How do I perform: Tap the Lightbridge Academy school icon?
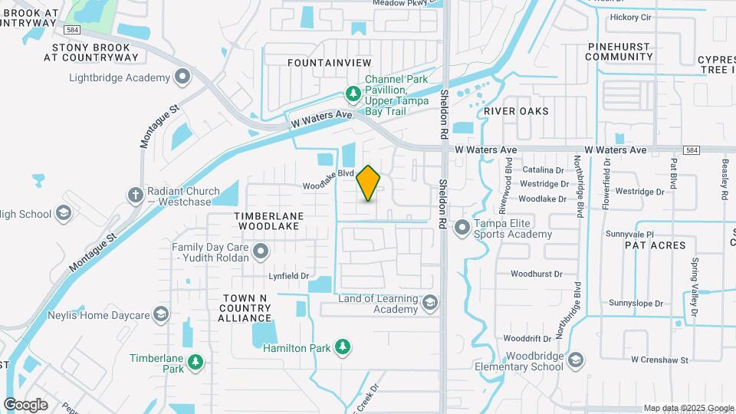tap(182, 77)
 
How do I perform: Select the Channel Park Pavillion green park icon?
tap(353, 94)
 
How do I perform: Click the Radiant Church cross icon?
tap(135, 195)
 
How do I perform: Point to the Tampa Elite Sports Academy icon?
tap(462, 227)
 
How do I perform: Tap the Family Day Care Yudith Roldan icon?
tap(261, 251)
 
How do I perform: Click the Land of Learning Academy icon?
tap(429, 304)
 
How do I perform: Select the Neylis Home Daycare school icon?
tap(160, 314)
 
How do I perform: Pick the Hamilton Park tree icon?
tap(343, 348)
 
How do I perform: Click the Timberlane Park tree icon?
tap(195, 362)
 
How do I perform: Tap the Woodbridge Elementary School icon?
tap(576, 360)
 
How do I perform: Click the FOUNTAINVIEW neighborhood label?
tap(329, 62)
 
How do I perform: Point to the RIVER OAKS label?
tap(517, 111)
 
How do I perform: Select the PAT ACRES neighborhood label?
tap(655, 245)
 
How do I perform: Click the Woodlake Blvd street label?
tap(327, 184)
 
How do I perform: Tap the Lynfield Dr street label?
tap(289, 276)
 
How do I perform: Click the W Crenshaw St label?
tap(660, 359)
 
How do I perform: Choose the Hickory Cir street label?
tap(630, 18)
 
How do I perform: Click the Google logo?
tap(25, 404)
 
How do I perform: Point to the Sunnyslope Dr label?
tap(636, 304)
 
